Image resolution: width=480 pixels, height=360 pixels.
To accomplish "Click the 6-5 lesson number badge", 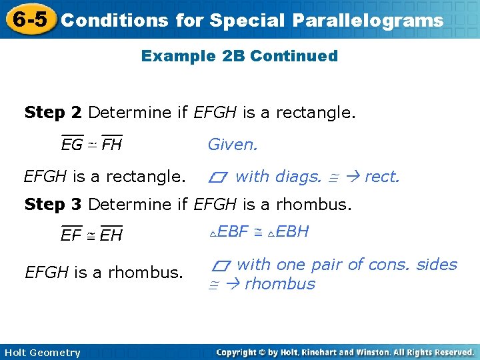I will click(28, 19).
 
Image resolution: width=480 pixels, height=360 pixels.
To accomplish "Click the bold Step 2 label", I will click(53, 113).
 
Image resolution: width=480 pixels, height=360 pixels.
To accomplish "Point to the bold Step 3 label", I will click(53, 204).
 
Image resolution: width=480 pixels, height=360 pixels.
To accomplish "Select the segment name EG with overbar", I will click(71, 144).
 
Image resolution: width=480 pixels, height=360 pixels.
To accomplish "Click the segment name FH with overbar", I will click(111, 144).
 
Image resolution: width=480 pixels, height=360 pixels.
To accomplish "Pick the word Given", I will click(233, 144).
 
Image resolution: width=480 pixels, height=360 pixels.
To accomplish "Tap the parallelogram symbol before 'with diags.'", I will click(217, 177).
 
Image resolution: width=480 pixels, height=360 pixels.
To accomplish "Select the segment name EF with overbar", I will click(71, 235).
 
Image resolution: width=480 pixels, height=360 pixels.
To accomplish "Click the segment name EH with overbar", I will click(111, 235).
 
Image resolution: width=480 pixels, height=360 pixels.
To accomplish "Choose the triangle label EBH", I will click(288, 232).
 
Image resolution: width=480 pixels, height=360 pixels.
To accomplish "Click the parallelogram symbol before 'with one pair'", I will click(220, 265).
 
